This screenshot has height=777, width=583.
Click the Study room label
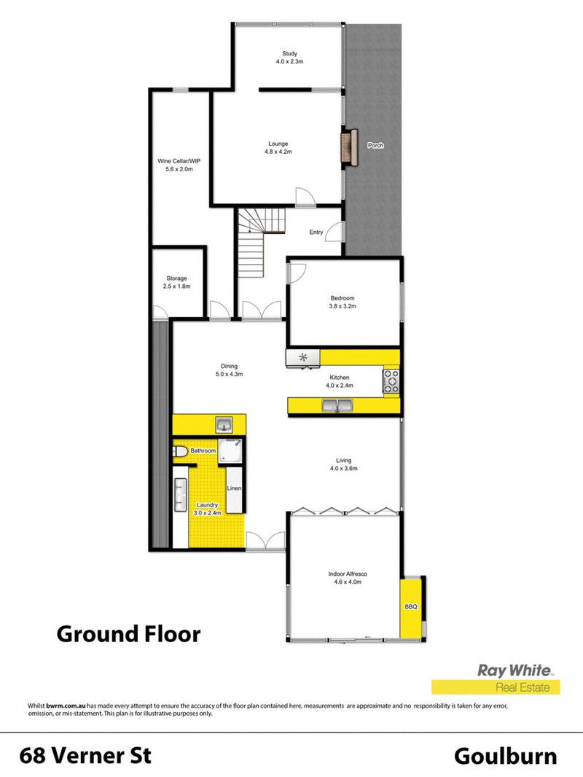[290, 53]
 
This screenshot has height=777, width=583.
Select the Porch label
[375, 146]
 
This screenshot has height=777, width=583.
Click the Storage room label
[176, 278]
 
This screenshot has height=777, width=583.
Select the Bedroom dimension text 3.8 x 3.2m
[343, 307]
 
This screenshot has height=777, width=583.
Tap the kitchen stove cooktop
[392, 382]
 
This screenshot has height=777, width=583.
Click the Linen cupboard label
[234, 488]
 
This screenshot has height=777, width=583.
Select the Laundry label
[208, 504]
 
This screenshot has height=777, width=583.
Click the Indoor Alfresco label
[345, 574]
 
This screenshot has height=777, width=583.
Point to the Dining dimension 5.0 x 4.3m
[229, 375]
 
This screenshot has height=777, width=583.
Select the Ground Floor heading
[128, 633]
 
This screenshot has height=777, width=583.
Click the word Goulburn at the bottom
[506, 756]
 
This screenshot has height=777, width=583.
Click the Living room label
[343, 460]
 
